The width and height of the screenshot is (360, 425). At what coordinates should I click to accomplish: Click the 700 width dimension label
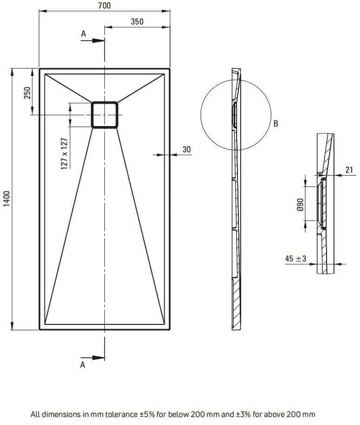[104, 6]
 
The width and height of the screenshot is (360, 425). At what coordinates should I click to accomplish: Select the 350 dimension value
[137, 22]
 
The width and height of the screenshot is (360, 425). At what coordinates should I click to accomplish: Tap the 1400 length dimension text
[6, 198]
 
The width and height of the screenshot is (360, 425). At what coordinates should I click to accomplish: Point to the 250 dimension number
[27, 93]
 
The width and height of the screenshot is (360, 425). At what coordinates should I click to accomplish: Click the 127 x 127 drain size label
[64, 154]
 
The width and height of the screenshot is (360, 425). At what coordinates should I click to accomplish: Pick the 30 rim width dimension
[186, 149]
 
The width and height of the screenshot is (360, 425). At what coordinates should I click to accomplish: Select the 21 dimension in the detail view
[349, 170]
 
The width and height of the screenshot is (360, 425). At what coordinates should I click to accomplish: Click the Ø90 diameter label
[300, 204]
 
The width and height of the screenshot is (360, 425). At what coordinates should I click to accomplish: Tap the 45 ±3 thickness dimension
[296, 259]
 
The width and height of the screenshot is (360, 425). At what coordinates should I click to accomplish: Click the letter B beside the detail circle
[276, 124]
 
